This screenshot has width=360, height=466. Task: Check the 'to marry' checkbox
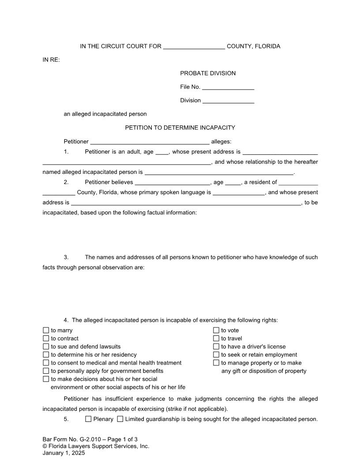click(x=46, y=331)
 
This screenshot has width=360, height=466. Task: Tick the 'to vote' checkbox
click(x=216, y=331)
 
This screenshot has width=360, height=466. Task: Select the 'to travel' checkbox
click(x=216, y=338)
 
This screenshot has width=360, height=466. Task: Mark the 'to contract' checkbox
click(x=46, y=338)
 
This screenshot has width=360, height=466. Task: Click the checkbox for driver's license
click(x=216, y=346)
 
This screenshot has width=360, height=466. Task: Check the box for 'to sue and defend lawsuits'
click(x=46, y=346)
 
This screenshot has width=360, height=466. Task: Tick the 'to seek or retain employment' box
click(x=216, y=355)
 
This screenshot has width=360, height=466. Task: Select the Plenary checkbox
click(x=88, y=419)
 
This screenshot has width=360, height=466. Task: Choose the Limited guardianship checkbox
click(x=120, y=419)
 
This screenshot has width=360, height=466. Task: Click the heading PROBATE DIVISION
click(x=208, y=73)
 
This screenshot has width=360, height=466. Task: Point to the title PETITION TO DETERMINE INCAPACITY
click(x=180, y=128)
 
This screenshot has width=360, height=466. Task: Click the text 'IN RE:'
click(x=51, y=60)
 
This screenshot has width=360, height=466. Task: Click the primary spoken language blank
click(x=239, y=193)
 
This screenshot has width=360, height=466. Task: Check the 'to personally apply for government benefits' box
click(x=46, y=371)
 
